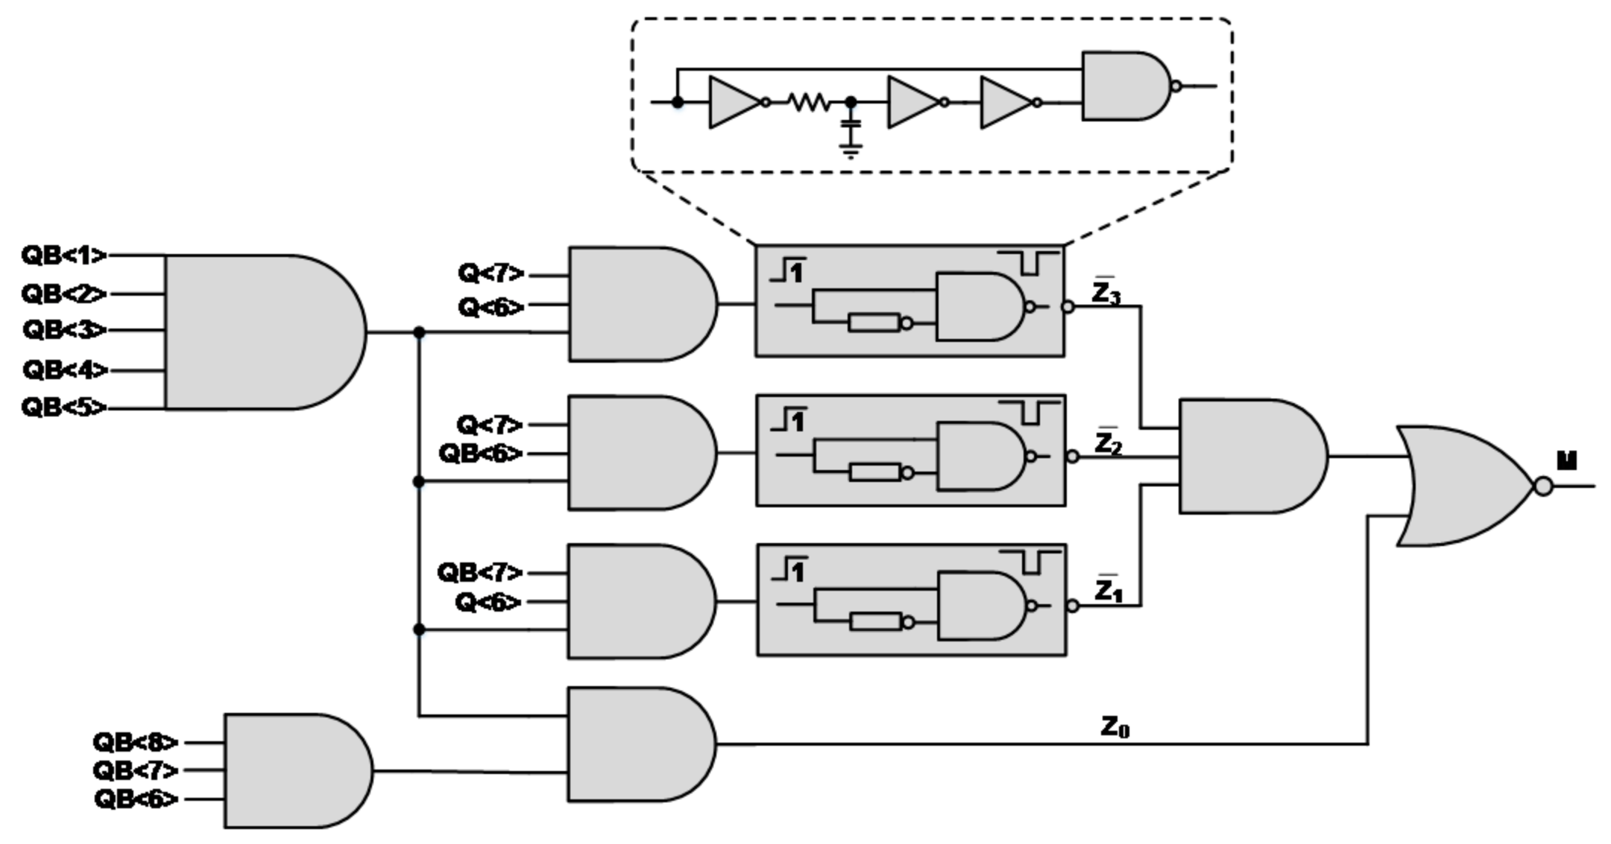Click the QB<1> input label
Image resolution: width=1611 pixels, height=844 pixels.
coord(64,256)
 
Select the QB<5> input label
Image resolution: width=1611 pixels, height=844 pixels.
coord(64,407)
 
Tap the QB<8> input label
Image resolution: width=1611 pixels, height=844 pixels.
coord(136,742)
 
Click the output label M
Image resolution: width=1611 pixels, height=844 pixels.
coord(1567,461)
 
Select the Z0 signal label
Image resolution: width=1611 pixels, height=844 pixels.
coord(1115,726)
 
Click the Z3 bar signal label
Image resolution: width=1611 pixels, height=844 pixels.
coord(1106,293)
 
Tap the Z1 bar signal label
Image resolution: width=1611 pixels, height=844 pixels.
coord(1108,590)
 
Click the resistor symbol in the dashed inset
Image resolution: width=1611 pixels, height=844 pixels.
coord(809,102)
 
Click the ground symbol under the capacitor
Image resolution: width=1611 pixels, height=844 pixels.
coord(851,151)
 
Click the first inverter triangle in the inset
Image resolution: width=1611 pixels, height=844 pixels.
coord(734,102)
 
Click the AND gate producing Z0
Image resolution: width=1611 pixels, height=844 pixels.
coord(637,744)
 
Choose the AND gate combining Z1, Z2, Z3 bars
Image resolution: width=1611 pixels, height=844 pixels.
coord(1249,456)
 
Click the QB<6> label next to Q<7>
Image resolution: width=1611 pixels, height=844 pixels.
coord(481,453)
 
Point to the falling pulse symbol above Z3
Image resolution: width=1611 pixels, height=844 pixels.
coord(1029,262)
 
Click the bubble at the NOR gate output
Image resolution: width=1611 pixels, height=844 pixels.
coord(1543,486)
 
